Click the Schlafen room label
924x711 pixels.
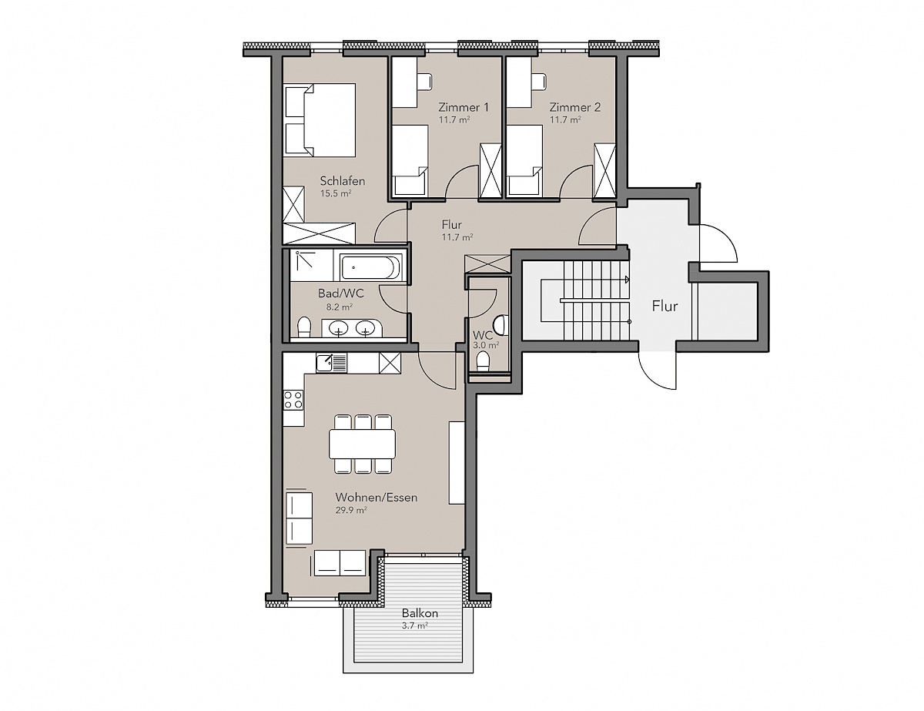pos(343,181)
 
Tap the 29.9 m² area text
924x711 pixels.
pos(351,510)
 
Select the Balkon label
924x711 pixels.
pos(420,612)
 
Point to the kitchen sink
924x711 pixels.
pos(331,363)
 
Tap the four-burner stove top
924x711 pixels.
pos(293,400)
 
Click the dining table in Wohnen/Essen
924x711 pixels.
pos(362,444)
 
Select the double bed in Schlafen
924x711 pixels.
pos(320,120)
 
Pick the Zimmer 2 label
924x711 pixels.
pos(575,107)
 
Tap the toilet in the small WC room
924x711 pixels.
pos(483,362)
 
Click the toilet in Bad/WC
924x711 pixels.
pos(303,327)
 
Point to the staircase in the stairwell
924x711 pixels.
pos(596,300)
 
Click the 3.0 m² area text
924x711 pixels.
pos(486,345)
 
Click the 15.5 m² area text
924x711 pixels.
pos(336,193)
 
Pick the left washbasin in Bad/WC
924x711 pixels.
pos(339,327)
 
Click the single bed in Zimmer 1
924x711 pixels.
pos(409,161)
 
